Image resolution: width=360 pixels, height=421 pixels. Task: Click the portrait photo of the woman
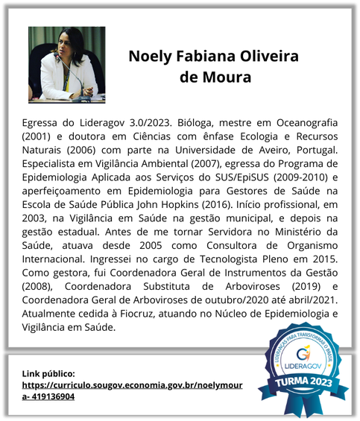coord(66,64)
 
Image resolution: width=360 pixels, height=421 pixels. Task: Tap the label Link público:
coord(48,373)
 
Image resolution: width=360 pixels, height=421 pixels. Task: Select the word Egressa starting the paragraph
coord(43,122)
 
